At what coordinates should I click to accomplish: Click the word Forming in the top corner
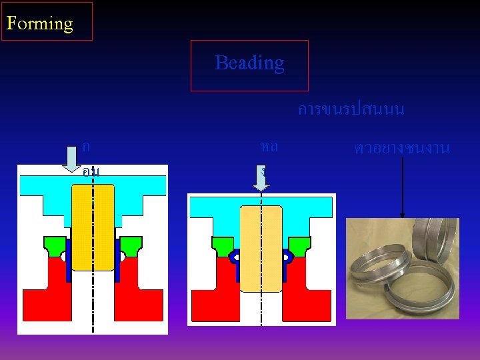click(x=39, y=23)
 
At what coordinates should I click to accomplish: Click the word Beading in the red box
click(x=249, y=63)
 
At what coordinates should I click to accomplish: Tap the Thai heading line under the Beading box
click(x=351, y=109)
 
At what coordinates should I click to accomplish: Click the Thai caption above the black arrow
click(x=402, y=147)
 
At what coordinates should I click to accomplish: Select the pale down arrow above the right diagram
click(x=261, y=177)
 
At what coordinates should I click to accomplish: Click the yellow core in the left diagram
click(x=93, y=227)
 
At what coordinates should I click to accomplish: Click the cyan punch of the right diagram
click(x=261, y=208)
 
